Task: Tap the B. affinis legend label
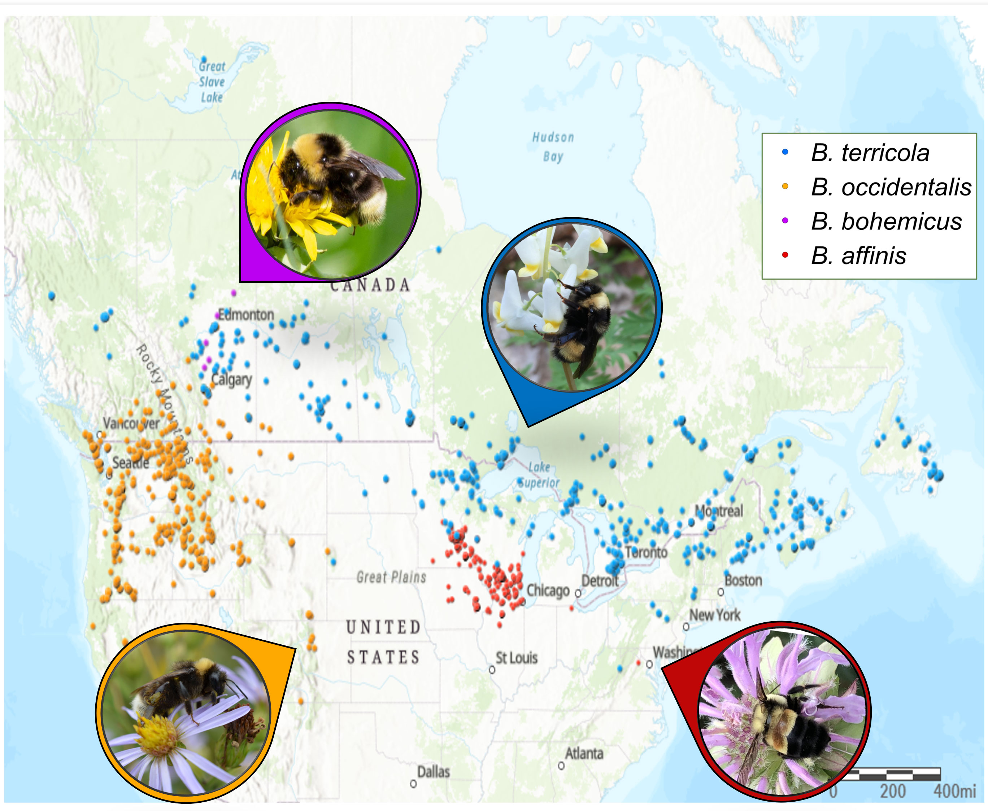pos(858,255)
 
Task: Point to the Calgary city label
pos(231,379)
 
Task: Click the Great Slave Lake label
pos(212,82)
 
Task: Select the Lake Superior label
pos(539,475)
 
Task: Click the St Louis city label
pos(517,658)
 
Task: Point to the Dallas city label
pos(433,771)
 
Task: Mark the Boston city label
pos(743,581)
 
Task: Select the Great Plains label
pos(391,578)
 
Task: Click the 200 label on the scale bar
pos(893,791)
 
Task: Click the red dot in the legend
pos(785,255)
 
